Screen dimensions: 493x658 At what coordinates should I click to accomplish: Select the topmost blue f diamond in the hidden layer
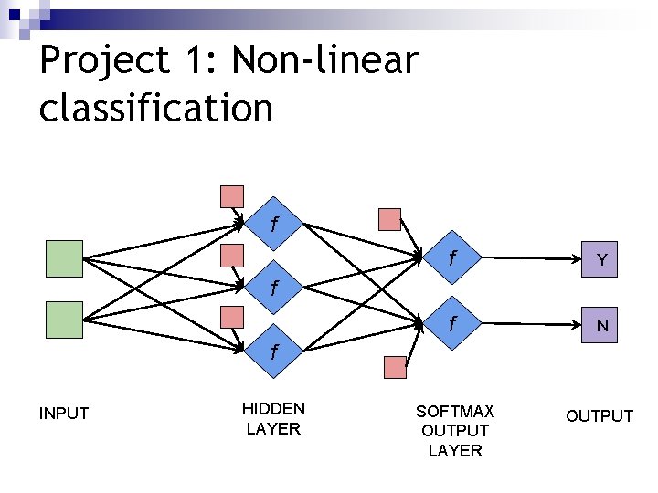273,223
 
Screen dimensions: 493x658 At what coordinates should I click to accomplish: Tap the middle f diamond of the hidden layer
273,287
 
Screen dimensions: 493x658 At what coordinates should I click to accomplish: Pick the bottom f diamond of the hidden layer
273,351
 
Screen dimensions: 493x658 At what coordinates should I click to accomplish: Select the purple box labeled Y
601,260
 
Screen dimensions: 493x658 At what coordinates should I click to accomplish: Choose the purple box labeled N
601,325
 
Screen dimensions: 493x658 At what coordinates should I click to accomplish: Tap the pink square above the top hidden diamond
232,196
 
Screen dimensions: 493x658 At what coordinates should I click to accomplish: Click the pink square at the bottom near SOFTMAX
394,367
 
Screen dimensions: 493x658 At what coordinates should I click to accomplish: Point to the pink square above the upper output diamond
389,219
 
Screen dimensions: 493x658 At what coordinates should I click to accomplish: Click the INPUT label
64,414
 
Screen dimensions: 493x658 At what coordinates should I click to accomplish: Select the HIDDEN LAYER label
273,418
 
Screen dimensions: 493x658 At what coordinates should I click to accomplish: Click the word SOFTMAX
454,411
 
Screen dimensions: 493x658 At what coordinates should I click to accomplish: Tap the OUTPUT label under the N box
599,416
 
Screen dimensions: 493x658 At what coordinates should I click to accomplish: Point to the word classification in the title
156,108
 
